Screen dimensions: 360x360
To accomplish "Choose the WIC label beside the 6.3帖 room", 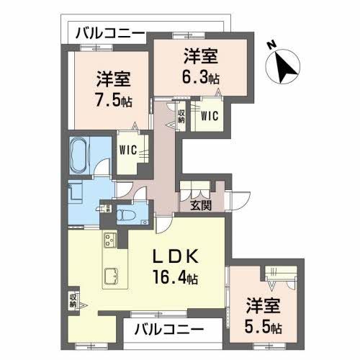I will tap(210, 114).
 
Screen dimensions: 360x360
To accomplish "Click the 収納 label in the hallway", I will tap(181, 116).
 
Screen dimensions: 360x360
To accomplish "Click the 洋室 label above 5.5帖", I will tap(264, 306).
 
